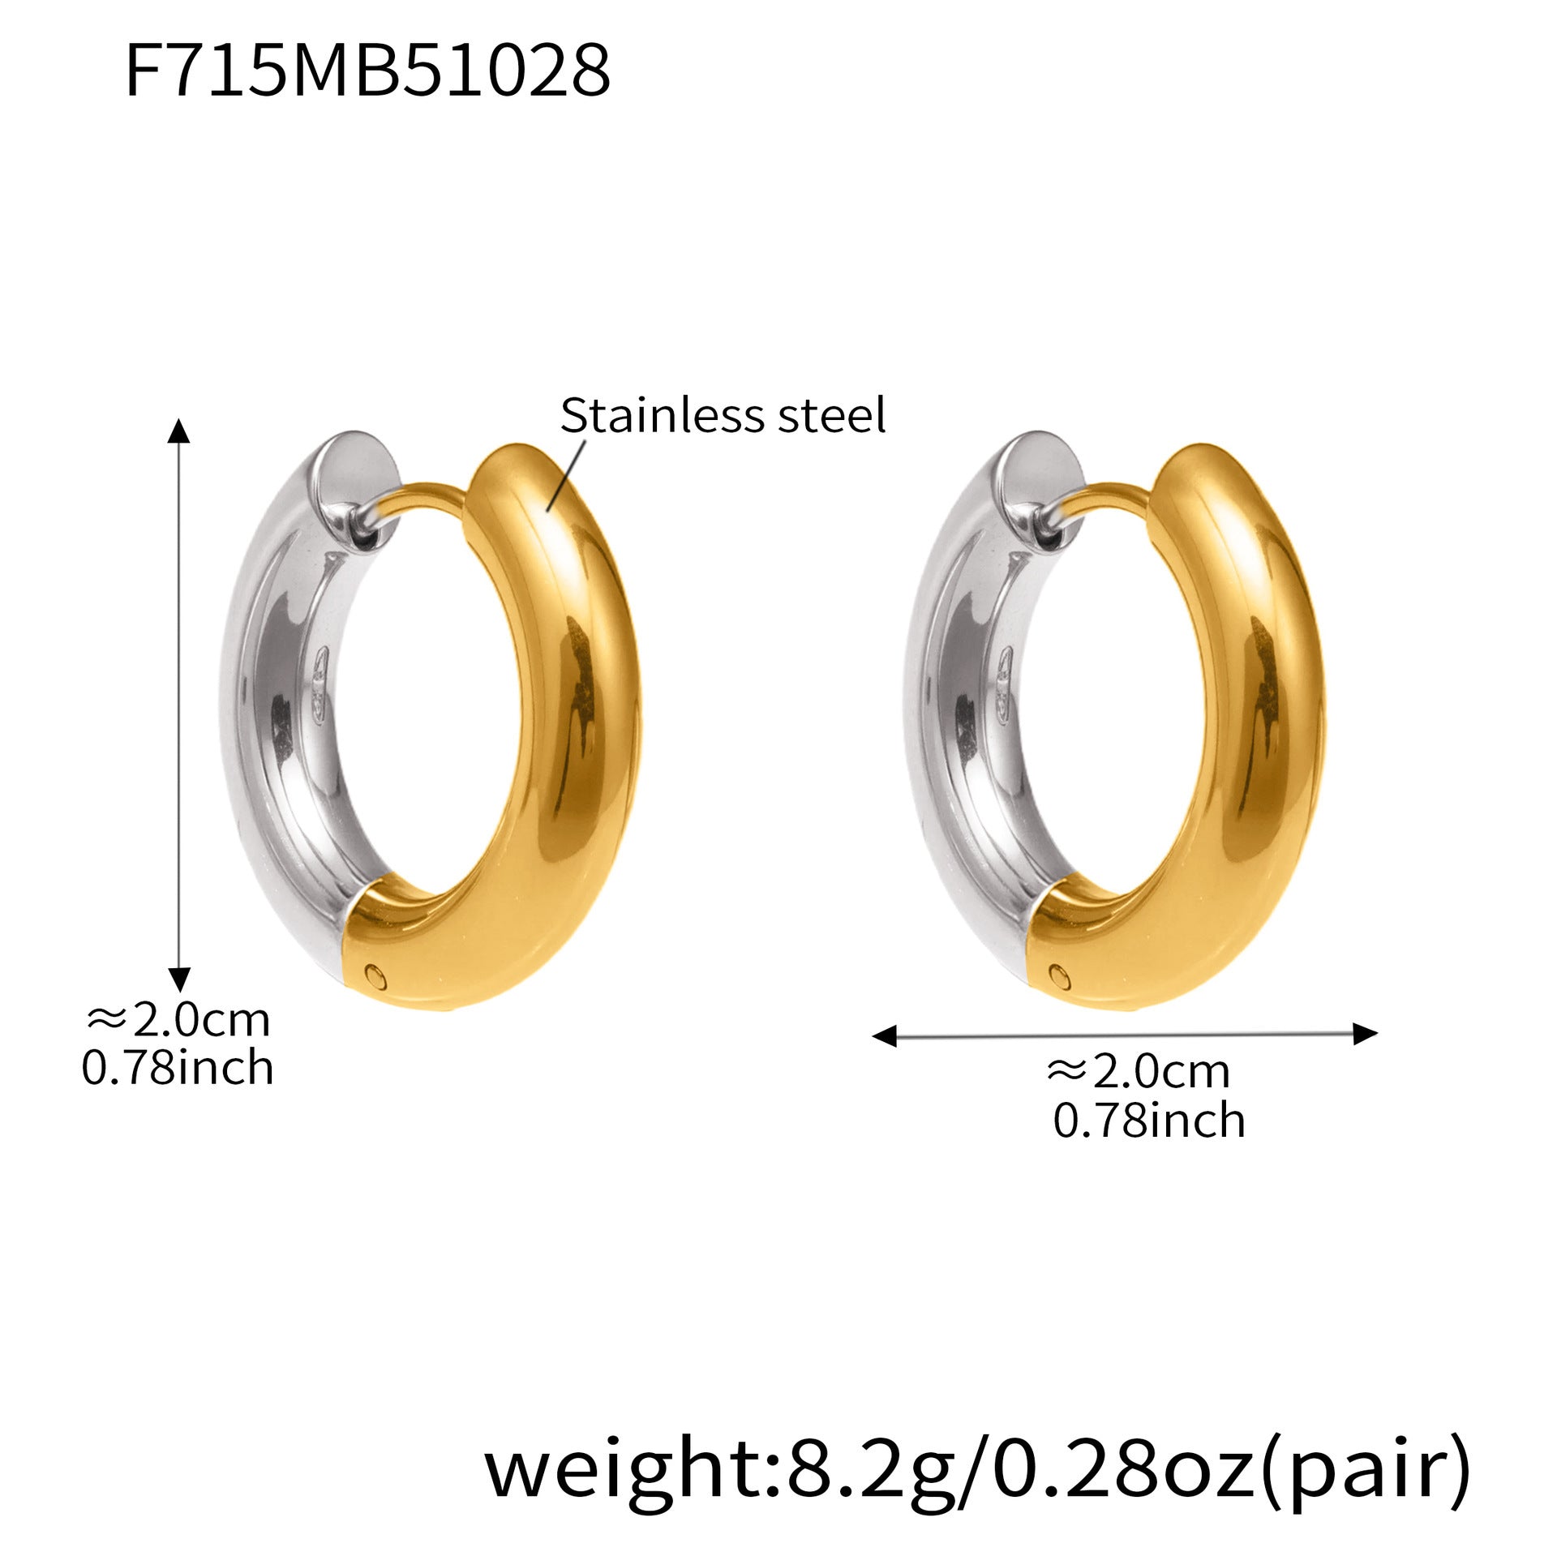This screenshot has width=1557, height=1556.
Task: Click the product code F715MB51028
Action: tap(367, 72)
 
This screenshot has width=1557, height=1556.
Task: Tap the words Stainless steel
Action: tap(722, 416)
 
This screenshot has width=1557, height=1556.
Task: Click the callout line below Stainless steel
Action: tap(567, 474)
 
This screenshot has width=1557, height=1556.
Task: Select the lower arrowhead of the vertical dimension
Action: tap(178, 979)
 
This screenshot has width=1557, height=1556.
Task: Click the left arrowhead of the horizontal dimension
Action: tap(884, 1035)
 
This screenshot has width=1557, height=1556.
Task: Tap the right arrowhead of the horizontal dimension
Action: tap(1366, 1034)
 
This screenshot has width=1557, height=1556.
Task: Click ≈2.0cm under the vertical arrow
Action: tap(178, 1021)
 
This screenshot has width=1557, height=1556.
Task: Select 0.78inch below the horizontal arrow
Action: tap(1148, 1121)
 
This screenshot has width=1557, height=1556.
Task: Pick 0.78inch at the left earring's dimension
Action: tap(178, 1068)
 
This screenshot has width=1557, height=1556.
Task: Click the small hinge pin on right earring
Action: tap(1057, 973)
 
